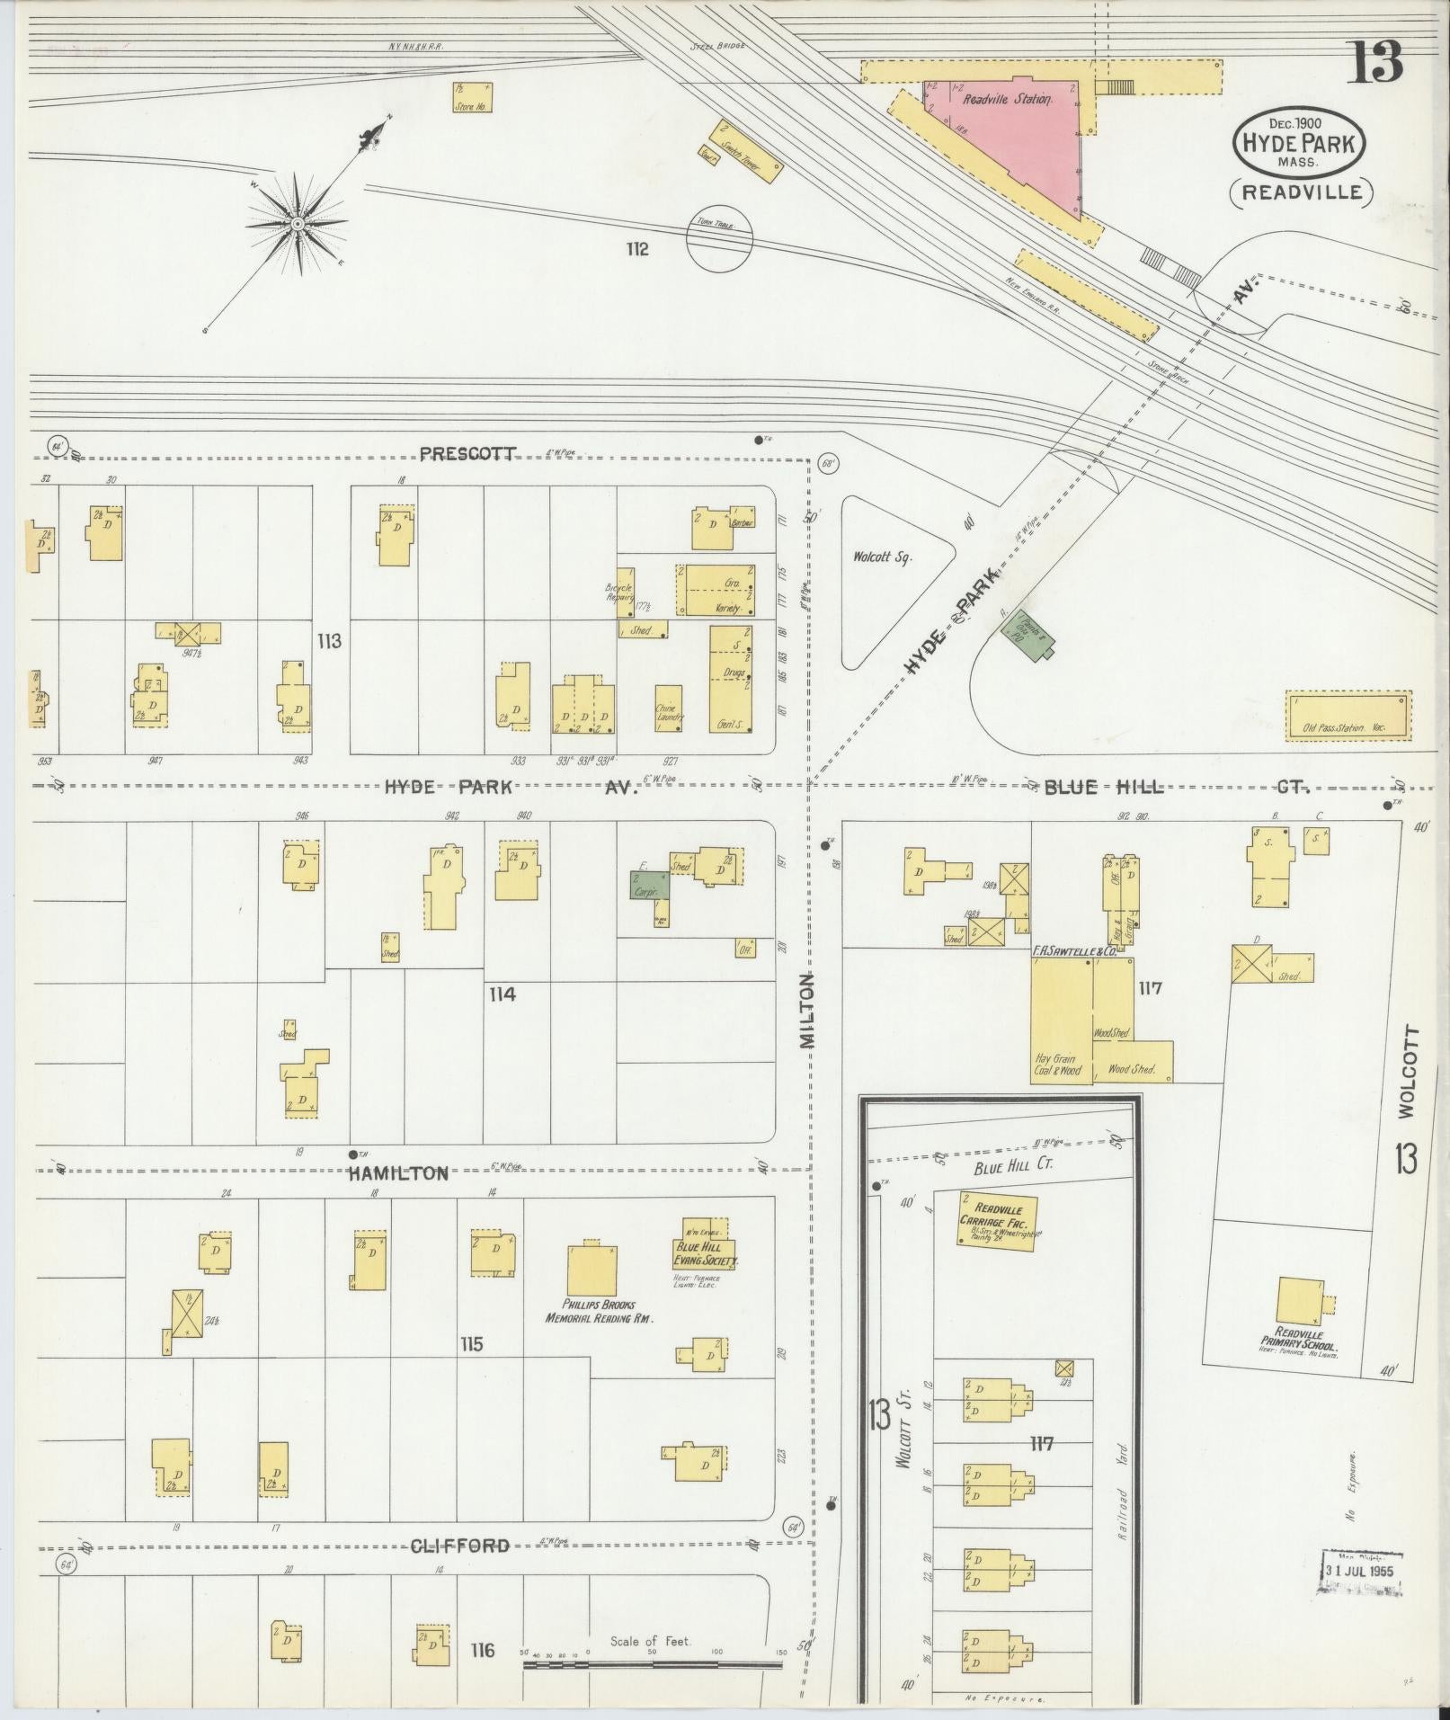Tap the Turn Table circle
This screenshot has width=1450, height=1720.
(x=718, y=239)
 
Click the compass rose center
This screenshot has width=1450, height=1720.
(x=297, y=222)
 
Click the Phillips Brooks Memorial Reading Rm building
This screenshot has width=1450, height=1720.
(x=592, y=1271)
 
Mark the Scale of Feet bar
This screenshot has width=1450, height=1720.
(x=653, y=1666)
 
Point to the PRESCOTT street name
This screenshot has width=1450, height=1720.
(x=467, y=453)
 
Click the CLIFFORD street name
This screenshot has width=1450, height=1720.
(x=460, y=1546)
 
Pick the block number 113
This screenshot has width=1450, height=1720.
(x=329, y=641)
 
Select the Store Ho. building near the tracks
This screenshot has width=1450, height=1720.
(x=471, y=97)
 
